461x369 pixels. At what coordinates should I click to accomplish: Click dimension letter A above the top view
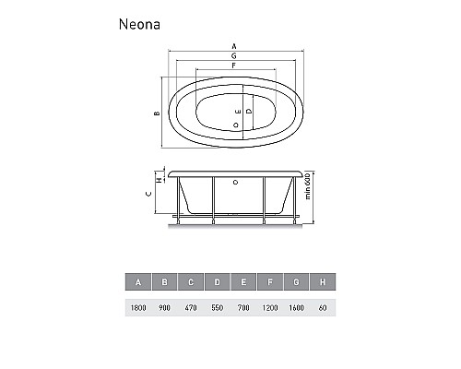[x=234, y=45]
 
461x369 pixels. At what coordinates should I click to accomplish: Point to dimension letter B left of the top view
[x=157, y=113]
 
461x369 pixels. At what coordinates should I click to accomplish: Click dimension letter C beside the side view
[x=149, y=195]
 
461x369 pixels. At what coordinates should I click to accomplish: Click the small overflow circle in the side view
[x=235, y=183]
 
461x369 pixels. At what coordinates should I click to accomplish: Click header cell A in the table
[x=138, y=282]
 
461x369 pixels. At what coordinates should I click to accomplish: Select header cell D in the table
[x=216, y=282]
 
